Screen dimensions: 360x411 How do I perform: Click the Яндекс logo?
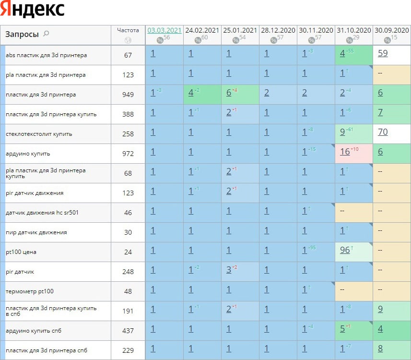(x=33, y=9)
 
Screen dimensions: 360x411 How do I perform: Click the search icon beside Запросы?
(x=46, y=34)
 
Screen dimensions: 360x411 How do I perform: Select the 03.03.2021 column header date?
(x=164, y=30)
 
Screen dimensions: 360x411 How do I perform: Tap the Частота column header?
(x=128, y=30)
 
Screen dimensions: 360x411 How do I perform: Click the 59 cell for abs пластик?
(x=383, y=53)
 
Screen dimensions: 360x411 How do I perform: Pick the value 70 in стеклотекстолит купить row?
(x=383, y=132)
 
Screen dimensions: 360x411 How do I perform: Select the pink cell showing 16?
(x=345, y=152)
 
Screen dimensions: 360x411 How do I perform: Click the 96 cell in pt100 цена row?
(x=345, y=250)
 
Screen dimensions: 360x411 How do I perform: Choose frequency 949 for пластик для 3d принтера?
(x=128, y=95)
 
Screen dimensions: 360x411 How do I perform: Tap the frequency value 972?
(x=128, y=154)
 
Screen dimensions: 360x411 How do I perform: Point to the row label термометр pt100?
(x=30, y=291)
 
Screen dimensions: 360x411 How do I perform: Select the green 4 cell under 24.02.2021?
(x=191, y=93)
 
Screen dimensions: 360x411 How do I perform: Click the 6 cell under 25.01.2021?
(x=229, y=93)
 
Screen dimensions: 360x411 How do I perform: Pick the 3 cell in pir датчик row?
(x=229, y=270)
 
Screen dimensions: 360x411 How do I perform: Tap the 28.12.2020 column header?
(x=278, y=30)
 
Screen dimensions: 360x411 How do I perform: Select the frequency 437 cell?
(x=128, y=331)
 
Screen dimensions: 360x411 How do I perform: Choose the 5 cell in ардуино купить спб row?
(x=342, y=329)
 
